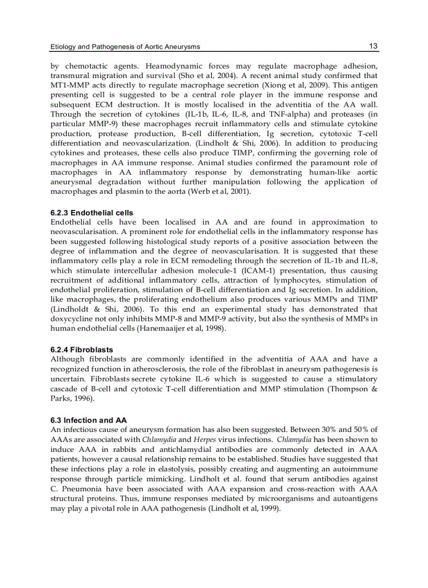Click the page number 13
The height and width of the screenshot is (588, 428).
click(x=373, y=46)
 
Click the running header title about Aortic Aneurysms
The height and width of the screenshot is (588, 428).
click(x=125, y=47)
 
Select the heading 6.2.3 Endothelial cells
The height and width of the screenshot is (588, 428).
click(x=92, y=213)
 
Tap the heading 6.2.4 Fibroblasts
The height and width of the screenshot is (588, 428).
click(x=82, y=350)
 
